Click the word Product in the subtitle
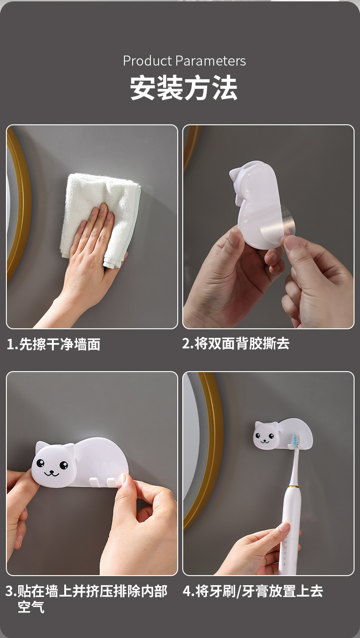click(147, 61)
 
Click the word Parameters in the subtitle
click(211, 61)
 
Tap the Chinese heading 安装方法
click(184, 87)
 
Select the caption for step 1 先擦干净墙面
click(54, 344)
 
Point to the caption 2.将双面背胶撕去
click(236, 343)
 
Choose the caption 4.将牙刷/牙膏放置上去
click(253, 591)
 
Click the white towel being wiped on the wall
click(100, 219)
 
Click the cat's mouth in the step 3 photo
click(51, 473)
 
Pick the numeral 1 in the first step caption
click(10, 344)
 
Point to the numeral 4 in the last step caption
click(187, 592)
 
